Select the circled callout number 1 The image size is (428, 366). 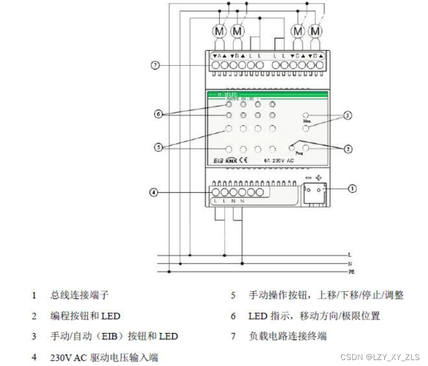[x=352, y=189]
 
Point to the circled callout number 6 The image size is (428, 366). [x=158, y=114]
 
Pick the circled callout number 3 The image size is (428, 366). [x=348, y=115]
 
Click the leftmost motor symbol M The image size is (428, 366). [x=219, y=31]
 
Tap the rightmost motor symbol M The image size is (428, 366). [x=316, y=31]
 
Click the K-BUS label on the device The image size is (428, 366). [x=227, y=95]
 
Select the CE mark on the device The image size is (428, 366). [x=244, y=159]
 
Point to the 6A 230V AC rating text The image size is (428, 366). [x=279, y=160]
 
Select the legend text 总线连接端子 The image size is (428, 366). [x=80, y=295]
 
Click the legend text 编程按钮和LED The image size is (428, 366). [x=85, y=316]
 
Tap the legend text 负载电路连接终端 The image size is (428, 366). [x=287, y=336]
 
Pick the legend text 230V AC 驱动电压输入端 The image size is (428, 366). [x=104, y=357]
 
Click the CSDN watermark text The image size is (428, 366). [x=380, y=357]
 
